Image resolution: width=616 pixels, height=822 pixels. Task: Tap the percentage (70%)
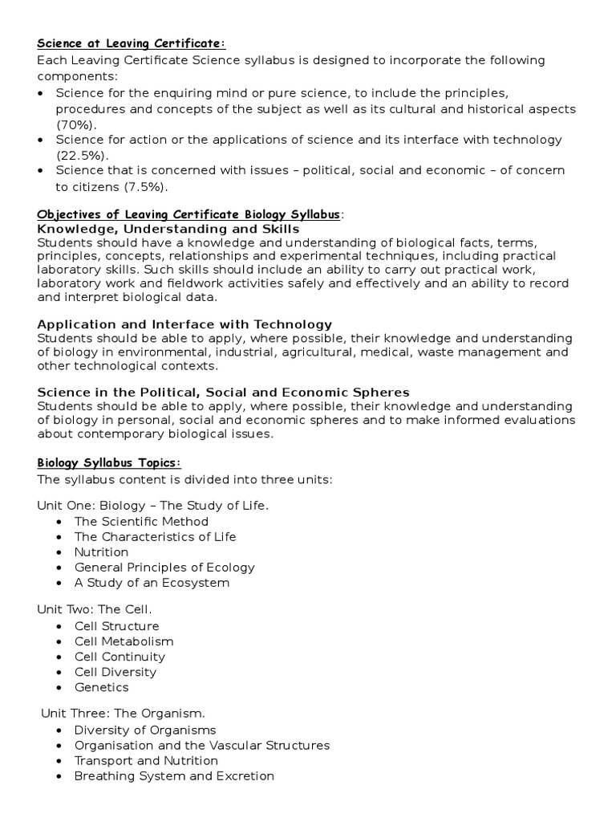pos(76,124)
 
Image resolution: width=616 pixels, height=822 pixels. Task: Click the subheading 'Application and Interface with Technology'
pos(184,324)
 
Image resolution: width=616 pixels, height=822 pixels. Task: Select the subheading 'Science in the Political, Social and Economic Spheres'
pos(224,393)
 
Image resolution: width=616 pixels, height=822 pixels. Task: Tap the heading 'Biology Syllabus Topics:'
pos(110,463)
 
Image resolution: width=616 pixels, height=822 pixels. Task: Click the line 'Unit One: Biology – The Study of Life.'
pos(153,506)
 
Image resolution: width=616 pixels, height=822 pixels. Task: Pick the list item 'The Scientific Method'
pos(141,522)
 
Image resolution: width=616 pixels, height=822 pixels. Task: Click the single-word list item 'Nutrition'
pos(101,552)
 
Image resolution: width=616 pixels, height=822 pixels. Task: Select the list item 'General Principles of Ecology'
pos(164,568)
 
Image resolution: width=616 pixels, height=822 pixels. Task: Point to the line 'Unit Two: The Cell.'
pos(95,610)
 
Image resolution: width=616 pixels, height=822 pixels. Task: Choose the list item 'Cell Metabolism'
pos(124,641)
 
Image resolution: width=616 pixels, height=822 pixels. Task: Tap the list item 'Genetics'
pos(101,687)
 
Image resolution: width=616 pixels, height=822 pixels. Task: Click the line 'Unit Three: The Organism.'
pos(114,714)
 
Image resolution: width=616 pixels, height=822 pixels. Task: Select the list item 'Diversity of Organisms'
pos(145,730)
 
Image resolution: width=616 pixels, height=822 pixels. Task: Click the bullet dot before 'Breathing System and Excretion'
pos(62,776)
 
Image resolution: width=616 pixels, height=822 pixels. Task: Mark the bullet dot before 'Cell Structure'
pos(62,626)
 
